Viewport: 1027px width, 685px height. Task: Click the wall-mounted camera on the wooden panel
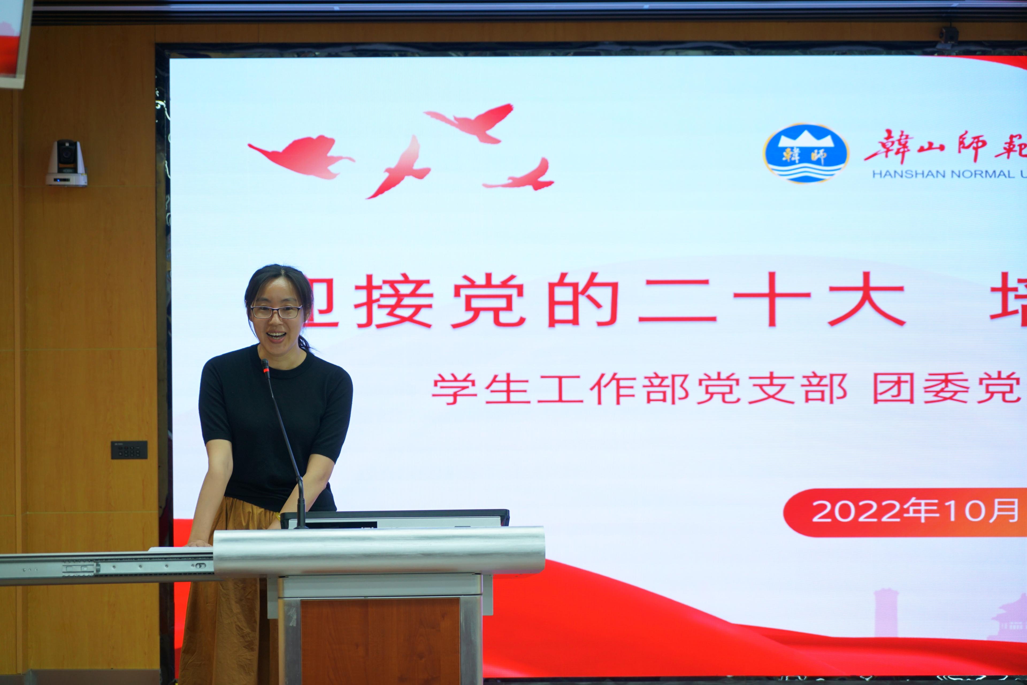point(66,163)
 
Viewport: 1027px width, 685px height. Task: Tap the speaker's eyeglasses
point(276,312)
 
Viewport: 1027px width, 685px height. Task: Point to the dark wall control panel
point(129,450)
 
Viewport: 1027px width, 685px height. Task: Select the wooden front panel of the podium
point(380,640)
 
